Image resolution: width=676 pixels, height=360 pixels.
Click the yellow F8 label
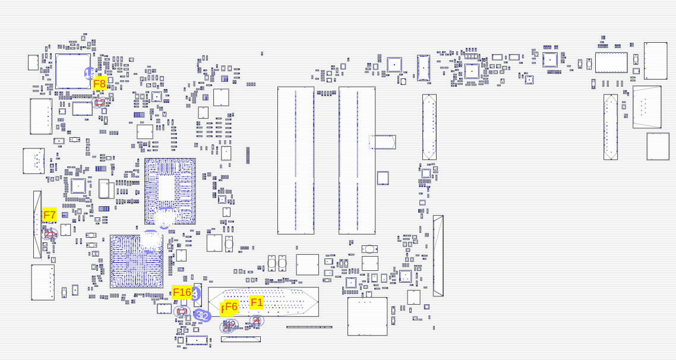click(x=99, y=84)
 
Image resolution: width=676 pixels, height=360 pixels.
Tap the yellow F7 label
click(x=49, y=215)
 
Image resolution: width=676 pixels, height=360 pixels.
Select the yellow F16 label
click(x=182, y=292)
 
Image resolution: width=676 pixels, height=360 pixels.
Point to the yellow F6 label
click(x=230, y=307)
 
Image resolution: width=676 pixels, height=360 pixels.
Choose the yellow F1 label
click(x=257, y=302)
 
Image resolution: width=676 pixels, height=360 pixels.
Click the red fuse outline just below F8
click(x=99, y=103)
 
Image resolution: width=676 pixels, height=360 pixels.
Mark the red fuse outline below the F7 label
click(x=50, y=235)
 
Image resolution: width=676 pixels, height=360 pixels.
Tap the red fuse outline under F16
click(x=182, y=311)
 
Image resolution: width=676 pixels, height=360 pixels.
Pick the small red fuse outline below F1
click(x=257, y=320)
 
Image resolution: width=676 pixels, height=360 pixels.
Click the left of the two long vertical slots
click(x=296, y=160)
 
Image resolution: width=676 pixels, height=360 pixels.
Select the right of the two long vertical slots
click(x=357, y=160)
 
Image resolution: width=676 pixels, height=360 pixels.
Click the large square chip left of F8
click(x=73, y=71)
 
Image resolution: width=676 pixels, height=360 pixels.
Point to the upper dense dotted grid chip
click(x=170, y=191)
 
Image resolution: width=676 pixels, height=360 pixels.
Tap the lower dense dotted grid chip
click(x=137, y=262)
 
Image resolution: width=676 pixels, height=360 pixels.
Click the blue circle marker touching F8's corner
click(x=89, y=74)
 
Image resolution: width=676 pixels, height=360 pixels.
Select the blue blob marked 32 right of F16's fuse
click(x=203, y=315)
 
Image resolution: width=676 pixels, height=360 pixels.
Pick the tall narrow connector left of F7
click(x=37, y=224)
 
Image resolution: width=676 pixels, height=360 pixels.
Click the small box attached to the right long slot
click(x=383, y=142)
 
